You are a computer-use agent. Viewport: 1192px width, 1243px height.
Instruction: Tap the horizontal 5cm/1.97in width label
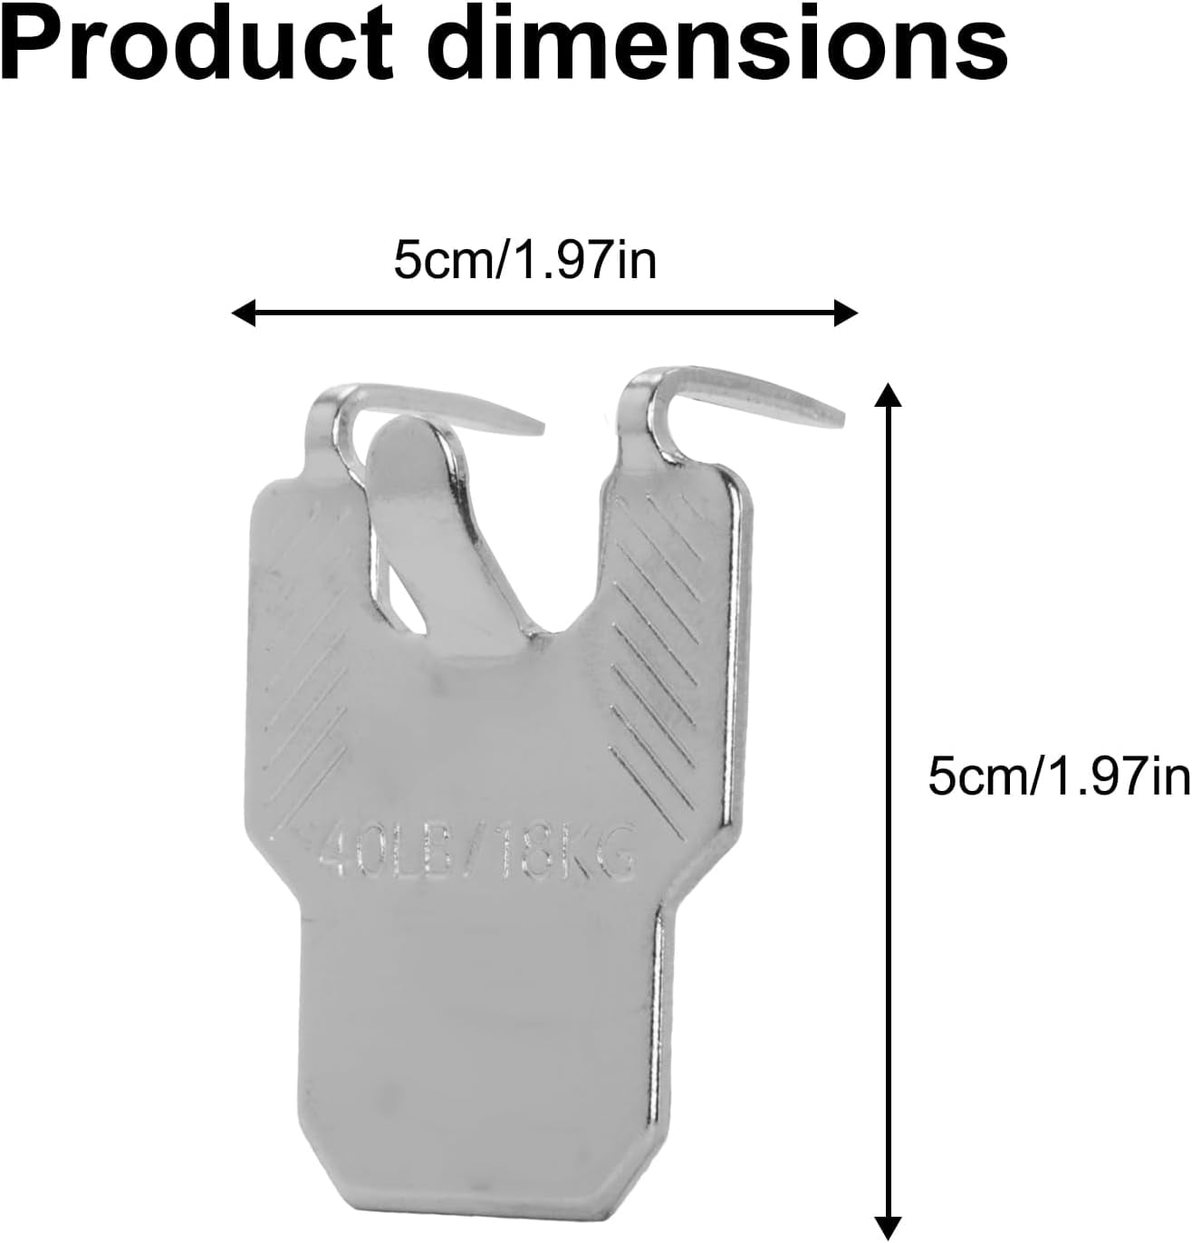524,260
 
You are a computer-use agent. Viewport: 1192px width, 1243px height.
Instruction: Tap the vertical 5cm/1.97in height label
1059,776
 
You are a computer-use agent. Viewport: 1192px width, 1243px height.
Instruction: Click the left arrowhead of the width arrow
244,313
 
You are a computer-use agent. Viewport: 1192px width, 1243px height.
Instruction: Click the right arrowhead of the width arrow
845,313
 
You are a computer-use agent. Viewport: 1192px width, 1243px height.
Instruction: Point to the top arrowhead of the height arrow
887,395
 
